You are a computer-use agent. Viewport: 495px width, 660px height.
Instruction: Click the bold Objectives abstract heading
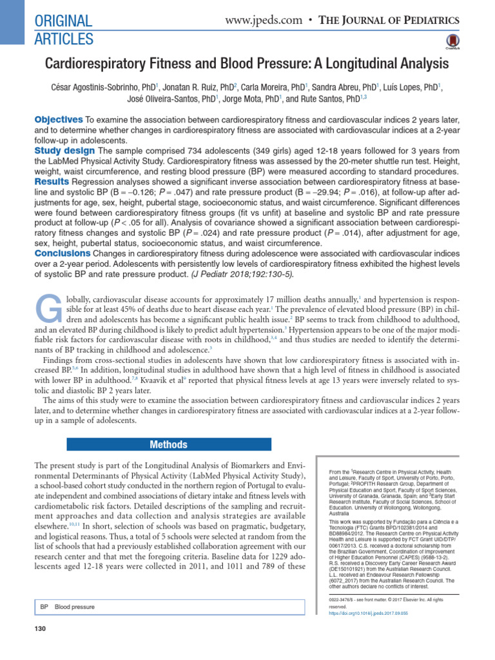tap(58, 120)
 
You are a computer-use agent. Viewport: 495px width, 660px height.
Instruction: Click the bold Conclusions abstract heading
tap(64, 253)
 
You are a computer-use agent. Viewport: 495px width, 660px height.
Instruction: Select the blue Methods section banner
tap(168, 445)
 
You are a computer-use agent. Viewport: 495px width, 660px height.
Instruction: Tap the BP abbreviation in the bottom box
tap(44, 607)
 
